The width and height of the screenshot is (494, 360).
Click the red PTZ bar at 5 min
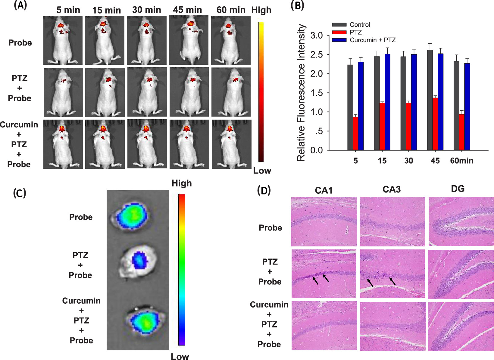tap(355, 133)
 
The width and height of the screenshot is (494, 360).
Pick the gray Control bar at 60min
tap(457, 105)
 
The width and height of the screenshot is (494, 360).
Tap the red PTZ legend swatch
tap(339, 32)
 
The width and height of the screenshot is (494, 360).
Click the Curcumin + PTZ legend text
tap(373, 40)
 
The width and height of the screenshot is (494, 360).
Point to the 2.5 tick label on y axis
tap(317, 55)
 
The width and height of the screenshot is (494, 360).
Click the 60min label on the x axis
tap(461, 161)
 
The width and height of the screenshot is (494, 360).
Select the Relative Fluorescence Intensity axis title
tap(302, 93)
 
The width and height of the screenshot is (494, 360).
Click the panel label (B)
tap(297, 6)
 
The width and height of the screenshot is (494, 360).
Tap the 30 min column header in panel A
tap(147, 10)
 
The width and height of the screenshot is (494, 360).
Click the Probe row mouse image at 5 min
tap(63, 40)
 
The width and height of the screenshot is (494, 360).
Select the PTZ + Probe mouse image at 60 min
tap(231, 92)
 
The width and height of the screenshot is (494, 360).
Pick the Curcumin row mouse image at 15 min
tap(105, 144)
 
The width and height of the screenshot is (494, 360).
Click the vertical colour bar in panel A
tap(261, 92)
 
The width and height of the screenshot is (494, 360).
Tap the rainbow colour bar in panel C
tap(182, 270)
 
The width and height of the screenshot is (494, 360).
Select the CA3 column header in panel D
tap(392, 189)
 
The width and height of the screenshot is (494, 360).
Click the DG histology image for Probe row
tap(461, 222)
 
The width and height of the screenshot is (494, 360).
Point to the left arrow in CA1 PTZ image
tap(315, 281)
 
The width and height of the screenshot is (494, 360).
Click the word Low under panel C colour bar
tap(180, 357)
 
